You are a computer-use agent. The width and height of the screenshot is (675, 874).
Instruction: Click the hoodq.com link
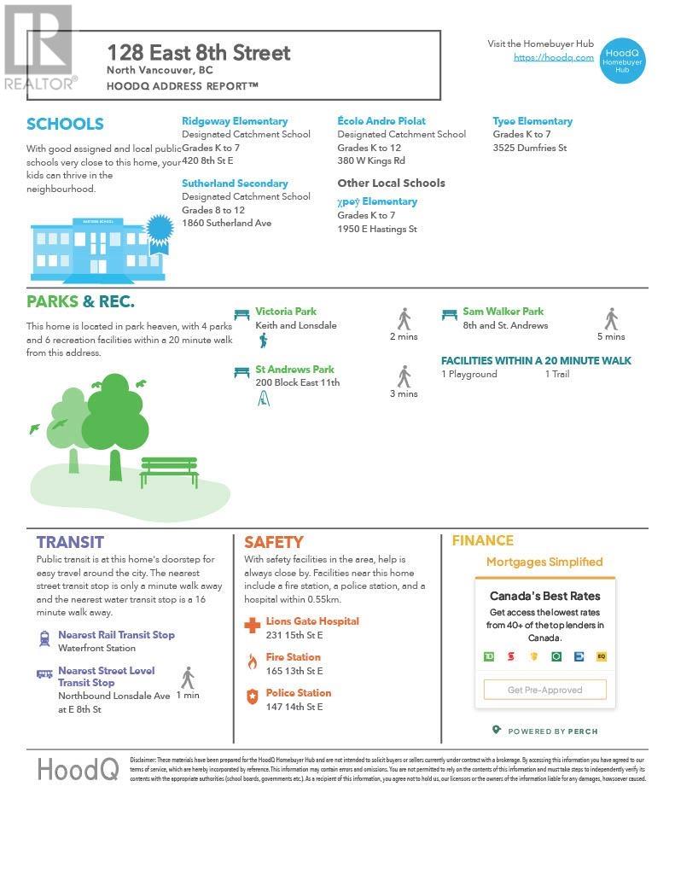coord(553,57)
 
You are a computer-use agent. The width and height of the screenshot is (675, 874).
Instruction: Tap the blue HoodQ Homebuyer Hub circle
coord(621,60)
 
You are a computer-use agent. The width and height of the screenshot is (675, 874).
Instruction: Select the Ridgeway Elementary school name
coord(235,121)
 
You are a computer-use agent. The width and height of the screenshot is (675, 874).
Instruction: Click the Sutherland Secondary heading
coord(235,184)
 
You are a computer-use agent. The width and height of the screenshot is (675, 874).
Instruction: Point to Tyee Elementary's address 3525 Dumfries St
coord(529,149)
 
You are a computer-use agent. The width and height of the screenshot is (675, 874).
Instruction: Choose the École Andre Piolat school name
coord(381,121)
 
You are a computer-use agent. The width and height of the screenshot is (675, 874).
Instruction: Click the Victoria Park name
coord(286,312)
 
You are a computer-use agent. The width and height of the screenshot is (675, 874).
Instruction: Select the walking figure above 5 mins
coord(611,319)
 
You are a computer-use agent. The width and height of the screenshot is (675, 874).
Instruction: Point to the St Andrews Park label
coord(294,370)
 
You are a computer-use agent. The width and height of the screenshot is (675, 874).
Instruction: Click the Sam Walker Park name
coord(503,312)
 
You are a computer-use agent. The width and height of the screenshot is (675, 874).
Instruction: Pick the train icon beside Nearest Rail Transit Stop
coord(44,638)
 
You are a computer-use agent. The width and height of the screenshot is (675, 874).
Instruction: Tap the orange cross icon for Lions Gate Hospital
coord(252,626)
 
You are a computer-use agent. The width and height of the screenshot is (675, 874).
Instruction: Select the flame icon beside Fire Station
coord(252,661)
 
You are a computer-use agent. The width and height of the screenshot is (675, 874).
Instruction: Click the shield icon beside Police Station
coord(252,697)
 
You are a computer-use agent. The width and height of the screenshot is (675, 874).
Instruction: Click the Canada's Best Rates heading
coord(544,596)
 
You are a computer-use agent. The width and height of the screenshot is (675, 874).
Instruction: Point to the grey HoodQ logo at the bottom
coord(78,769)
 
